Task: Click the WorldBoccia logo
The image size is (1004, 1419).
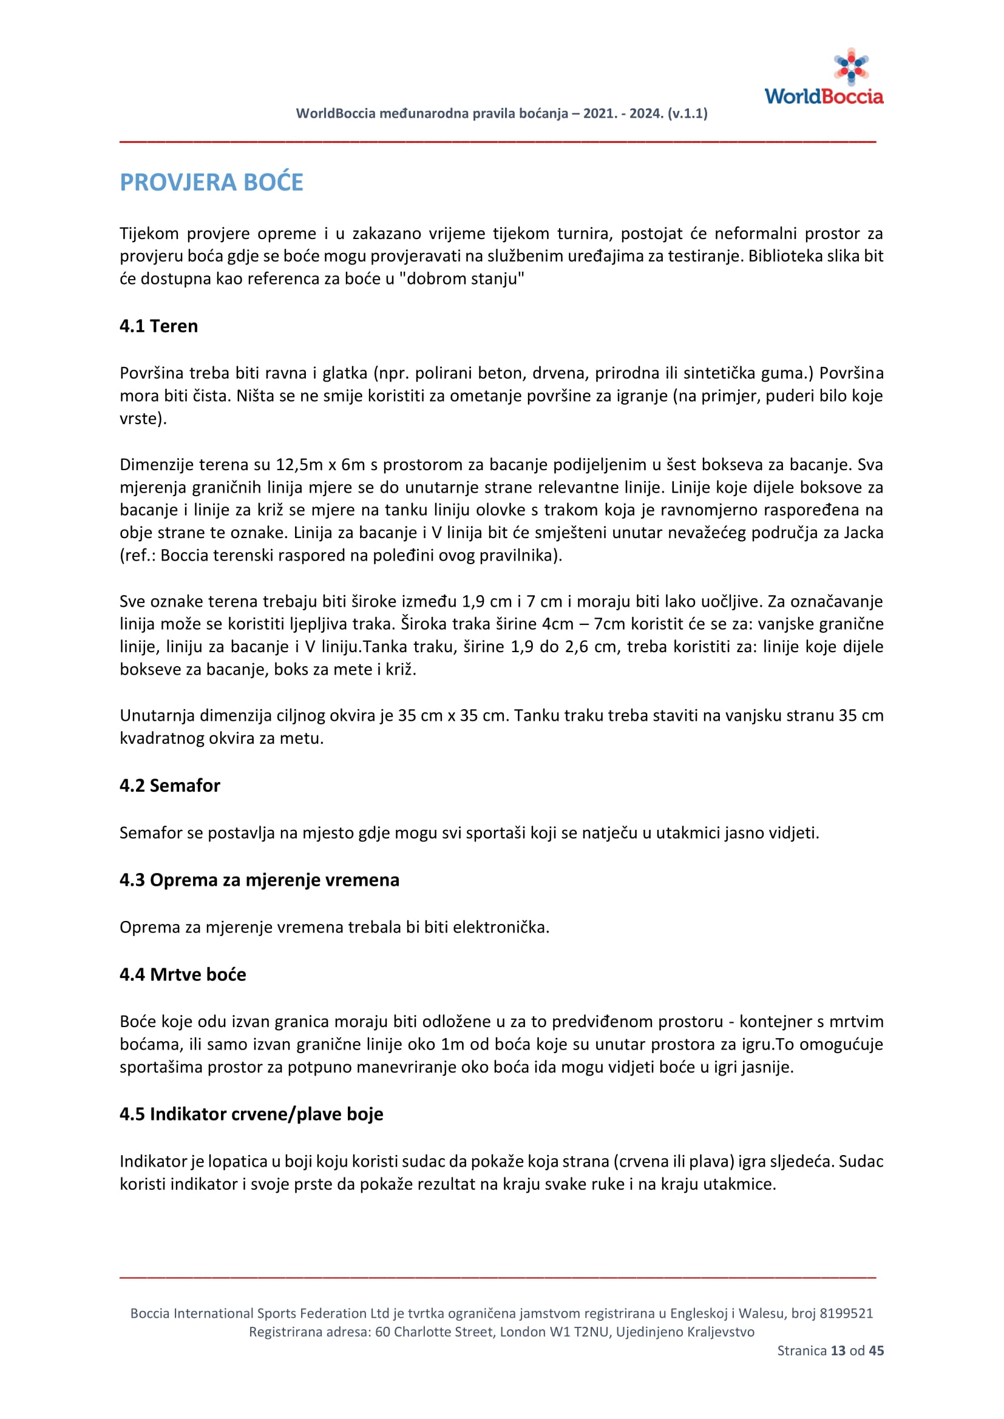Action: pyautogui.click(x=824, y=77)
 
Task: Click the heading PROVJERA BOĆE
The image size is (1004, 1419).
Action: pyautogui.click(x=211, y=183)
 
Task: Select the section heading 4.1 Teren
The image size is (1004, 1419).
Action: pyautogui.click(x=159, y=326)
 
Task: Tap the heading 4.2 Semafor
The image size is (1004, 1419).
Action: pyautogui.click(x=170, y=785)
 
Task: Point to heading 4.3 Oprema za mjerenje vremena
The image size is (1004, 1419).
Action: pyautogui.click(x=259, y=880)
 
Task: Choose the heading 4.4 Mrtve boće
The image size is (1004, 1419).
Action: pyautogui.click(x=183, y=974)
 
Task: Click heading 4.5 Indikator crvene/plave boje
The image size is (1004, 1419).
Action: pyautogui.click(x=252, y=1114)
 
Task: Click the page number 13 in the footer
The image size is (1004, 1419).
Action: pyautogui.click(x=838, y=1350)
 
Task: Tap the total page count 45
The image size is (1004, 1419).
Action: pyautogui.click(x=876, y=1350)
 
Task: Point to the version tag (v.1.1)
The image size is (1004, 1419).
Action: pyautogui.click(x=688, y=113)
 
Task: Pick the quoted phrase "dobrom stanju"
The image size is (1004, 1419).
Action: pyautogui.click(x=461, y=278)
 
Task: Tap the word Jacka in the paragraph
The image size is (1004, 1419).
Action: pyautogui.click(x=863, y=532)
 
